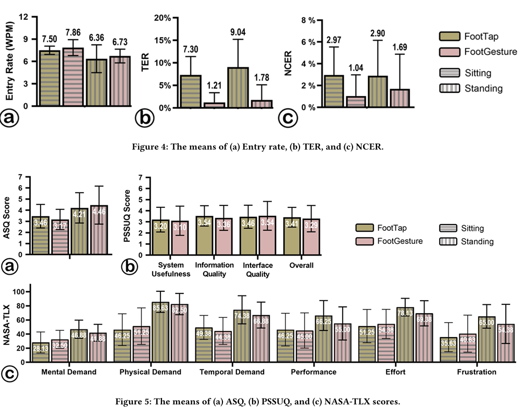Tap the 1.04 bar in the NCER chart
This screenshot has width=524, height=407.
[x=357, y=102]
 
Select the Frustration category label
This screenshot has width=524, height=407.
[x=473, y=372]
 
